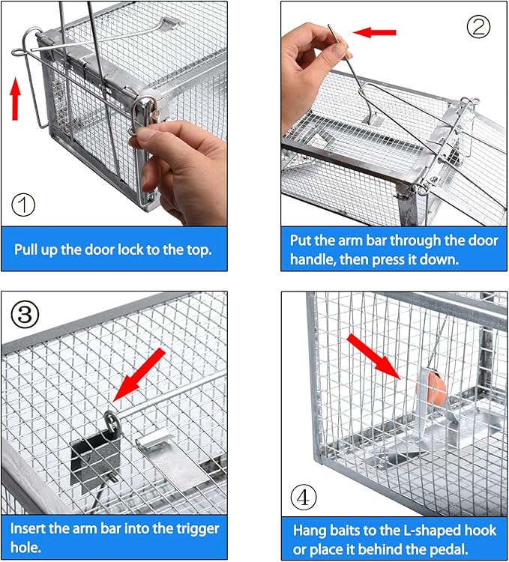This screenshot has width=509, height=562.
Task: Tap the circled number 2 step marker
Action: pos(480,26)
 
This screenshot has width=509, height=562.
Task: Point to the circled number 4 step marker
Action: pos(304,496)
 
